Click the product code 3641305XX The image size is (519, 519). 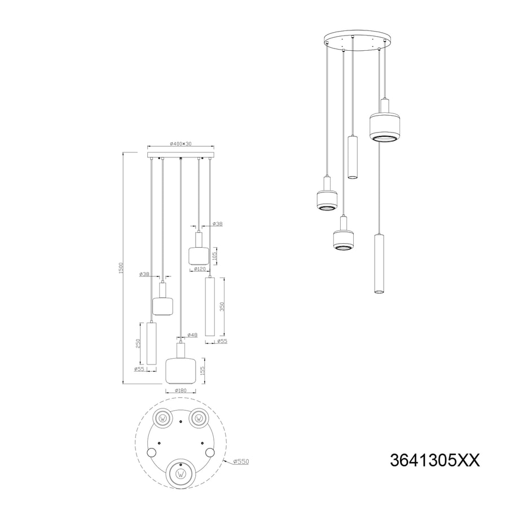(434, 460)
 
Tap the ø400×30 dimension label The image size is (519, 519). (181, 144)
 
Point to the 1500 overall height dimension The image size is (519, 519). (121, 268)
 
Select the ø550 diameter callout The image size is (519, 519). (241, 461)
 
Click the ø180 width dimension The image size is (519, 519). (181, 390)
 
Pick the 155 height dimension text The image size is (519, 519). (203, 370)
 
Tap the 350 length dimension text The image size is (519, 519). (222, 306)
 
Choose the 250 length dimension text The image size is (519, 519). (139, 343)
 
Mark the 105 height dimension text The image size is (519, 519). (214, 256)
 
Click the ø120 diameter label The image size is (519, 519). (200, 269)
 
